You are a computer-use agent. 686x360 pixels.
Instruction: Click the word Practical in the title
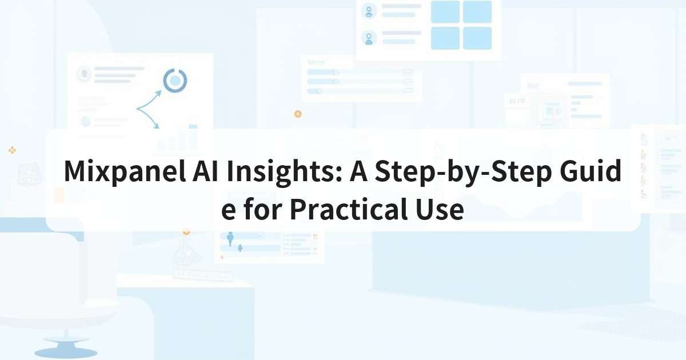pos(349,209)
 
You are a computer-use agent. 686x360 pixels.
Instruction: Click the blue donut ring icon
pos(175,70)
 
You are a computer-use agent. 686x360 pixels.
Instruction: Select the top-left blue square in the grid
pos(445,11)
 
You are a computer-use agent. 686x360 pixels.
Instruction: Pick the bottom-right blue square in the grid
pos(477,38)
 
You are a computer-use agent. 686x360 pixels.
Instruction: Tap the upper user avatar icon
pos(369,11)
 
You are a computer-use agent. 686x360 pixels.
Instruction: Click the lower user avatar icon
pos(369,38)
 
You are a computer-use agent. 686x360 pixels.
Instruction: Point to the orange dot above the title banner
pos(298,114)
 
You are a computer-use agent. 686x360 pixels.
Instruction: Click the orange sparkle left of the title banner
pos(12,150)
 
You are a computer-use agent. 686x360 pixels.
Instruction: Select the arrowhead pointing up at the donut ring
pos(159,93)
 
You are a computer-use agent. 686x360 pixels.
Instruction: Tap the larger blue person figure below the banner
pos(230,238)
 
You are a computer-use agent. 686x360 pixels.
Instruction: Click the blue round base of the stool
pos(66,353)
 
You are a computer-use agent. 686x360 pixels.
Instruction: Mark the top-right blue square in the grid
pos(477,11)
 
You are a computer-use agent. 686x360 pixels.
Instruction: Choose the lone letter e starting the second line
pos(229,211)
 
